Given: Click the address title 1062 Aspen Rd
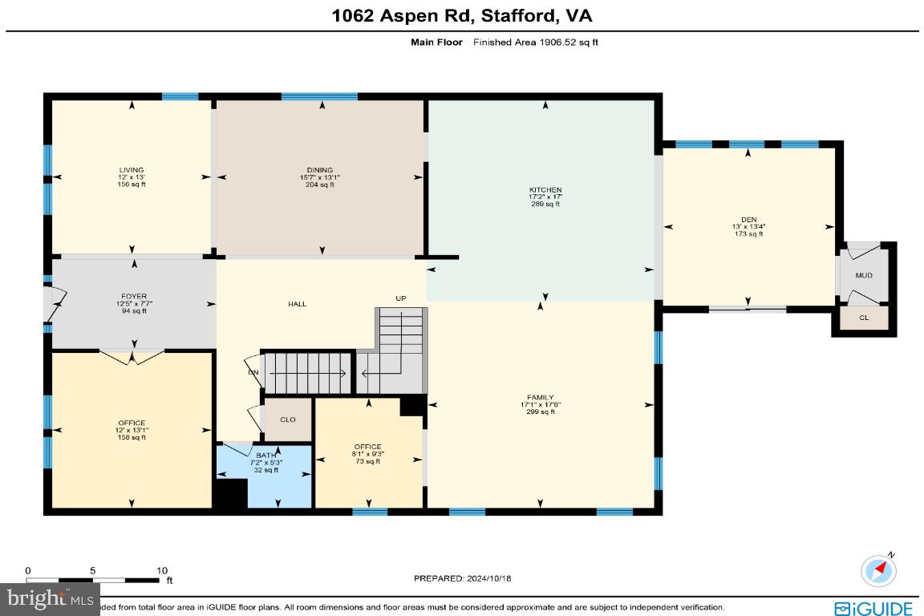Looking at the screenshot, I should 461,15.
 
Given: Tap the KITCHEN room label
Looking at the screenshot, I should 545,190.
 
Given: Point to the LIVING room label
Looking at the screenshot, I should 132,170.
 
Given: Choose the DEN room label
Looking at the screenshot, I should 748,219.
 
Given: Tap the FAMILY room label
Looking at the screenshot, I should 540,398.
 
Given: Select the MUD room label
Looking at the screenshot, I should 863,276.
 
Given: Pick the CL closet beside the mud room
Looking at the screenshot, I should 863,318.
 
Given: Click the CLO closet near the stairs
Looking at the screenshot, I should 288,419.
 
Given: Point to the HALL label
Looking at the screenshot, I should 298,304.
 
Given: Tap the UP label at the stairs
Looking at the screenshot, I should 400,298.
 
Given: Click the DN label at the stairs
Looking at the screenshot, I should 252,372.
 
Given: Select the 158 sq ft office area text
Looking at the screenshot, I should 132,438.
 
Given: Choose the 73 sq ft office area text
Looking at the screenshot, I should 367,461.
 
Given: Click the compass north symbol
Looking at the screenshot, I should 878,569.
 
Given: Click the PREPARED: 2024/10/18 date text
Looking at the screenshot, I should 461,577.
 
